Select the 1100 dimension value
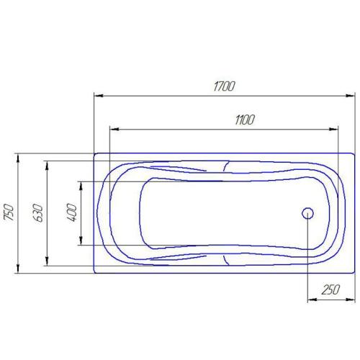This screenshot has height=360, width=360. (245, 120)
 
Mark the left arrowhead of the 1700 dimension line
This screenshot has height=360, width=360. (98, 95)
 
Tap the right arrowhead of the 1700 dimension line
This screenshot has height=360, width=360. (351, 95)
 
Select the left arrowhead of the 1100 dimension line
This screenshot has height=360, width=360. (112, 130)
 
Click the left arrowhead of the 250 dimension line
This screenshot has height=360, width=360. (311, 299)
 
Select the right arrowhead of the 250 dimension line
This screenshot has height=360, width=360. (351, 299)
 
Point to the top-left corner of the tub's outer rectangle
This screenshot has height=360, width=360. (94, 153)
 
